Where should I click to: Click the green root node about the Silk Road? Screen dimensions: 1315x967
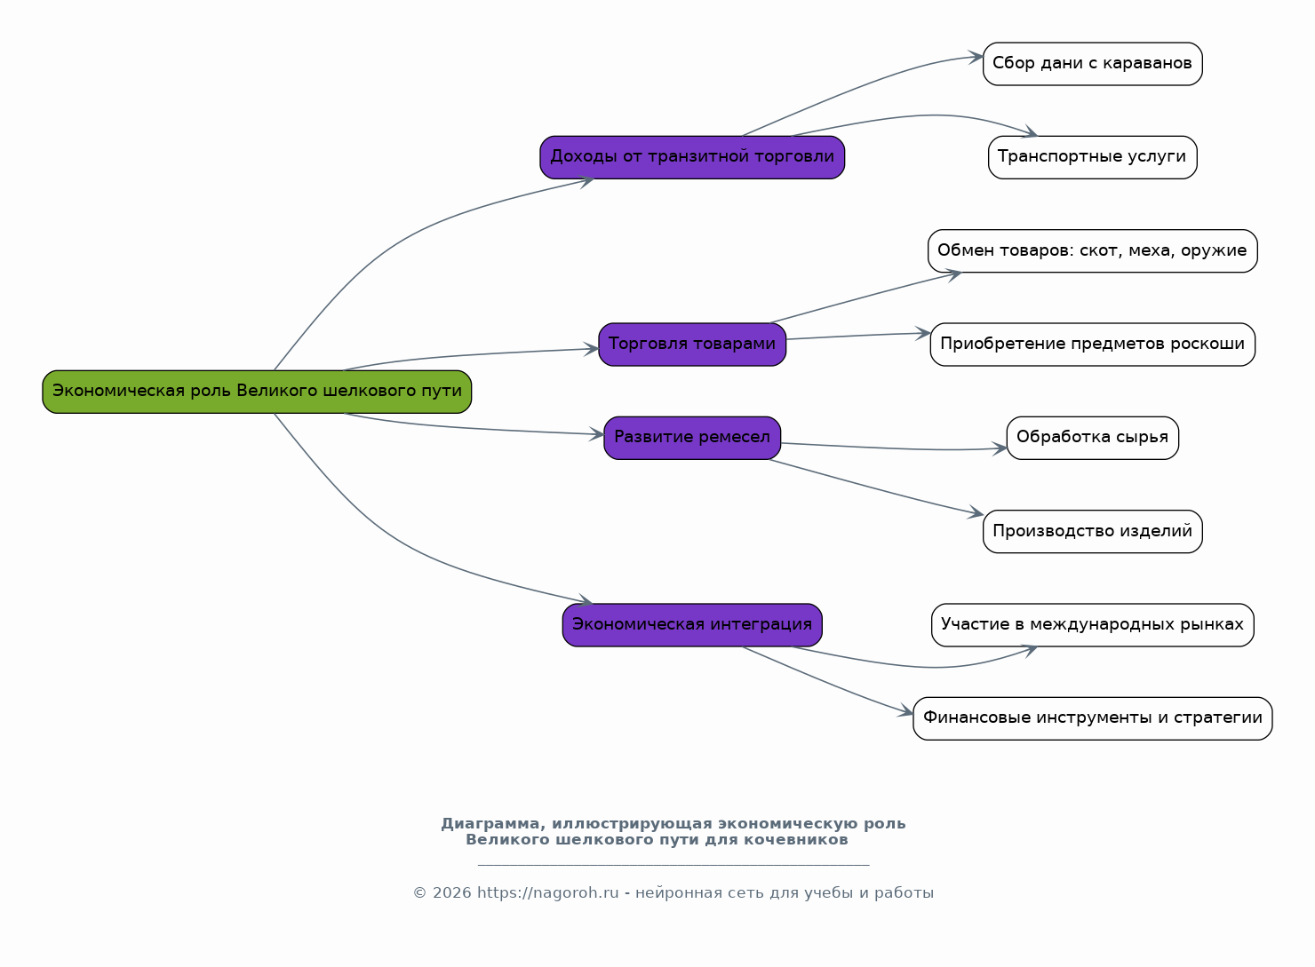click(257, 392)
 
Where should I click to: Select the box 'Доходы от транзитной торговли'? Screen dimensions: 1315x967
click(692, 157)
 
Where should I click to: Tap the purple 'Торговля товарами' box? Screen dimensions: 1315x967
click(692, 345)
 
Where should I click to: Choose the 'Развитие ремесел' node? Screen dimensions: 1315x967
click(692, 438)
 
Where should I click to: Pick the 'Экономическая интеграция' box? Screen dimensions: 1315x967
click(692, 625)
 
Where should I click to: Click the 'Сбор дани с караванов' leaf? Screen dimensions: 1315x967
click(1093, 64)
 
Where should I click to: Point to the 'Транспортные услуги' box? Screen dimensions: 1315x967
click(1093, 157)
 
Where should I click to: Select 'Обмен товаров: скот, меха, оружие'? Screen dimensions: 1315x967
click(1093, 251)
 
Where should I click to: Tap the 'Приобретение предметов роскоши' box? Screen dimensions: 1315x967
click(1093, 345)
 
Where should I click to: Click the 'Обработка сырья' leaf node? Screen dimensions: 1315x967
click(1093, 438)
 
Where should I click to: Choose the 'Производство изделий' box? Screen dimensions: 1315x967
click(1093, 532)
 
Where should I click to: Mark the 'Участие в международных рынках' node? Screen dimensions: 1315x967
click(1093, 625)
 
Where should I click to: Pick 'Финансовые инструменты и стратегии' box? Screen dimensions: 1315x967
click(1093, 718)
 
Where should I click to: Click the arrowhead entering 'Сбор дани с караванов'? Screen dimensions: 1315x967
click(976, 57)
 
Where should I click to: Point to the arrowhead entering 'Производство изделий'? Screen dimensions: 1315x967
click(976, 512)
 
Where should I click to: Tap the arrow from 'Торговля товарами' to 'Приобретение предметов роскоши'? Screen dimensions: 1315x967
click(858, 336)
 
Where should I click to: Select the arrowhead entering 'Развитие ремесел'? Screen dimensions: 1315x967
click(596, 434)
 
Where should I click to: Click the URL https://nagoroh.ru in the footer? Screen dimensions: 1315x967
click(547, 892)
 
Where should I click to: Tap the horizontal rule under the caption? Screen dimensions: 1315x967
click(673, 865)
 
